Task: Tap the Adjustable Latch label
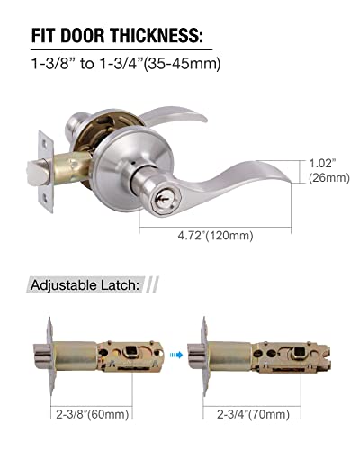click(85, 284)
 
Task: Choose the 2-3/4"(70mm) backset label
click(252, 416)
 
